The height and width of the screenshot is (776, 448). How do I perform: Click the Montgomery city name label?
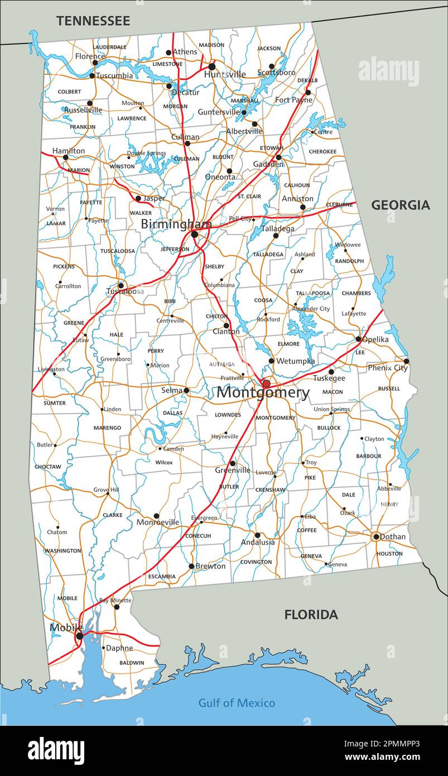tap(263, 392)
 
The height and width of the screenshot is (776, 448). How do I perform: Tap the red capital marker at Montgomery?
tap(266, 384)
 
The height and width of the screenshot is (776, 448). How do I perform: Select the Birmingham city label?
tap(176, 224)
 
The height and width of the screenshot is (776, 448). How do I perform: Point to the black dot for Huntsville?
tap(211, 66)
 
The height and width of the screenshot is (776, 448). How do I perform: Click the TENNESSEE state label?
tap(93, 21)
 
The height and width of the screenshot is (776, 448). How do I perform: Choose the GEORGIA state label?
tap(401, 205)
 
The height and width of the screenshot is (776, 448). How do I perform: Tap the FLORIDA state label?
tap(311, 615)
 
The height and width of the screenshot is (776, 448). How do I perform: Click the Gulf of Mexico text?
tap(237, 703)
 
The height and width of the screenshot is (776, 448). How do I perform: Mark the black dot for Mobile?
tap(80, 636)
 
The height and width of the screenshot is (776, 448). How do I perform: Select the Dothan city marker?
tap(376, 537)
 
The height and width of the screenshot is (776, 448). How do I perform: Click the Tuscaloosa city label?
tap(125, 291)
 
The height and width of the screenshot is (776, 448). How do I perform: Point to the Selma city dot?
tap(186, 390)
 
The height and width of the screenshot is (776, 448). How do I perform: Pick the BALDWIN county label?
tap(132, 663)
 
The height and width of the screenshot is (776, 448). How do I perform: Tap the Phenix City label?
tap(387, 368)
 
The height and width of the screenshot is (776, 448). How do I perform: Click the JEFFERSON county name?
tap(175, 250)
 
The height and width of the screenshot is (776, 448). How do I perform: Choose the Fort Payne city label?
tap(293, 100)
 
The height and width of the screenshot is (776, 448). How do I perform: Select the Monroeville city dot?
tap(156, 516)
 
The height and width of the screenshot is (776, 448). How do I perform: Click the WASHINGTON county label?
tap(62, 551)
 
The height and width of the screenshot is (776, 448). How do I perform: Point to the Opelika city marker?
tap(358, 339)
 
